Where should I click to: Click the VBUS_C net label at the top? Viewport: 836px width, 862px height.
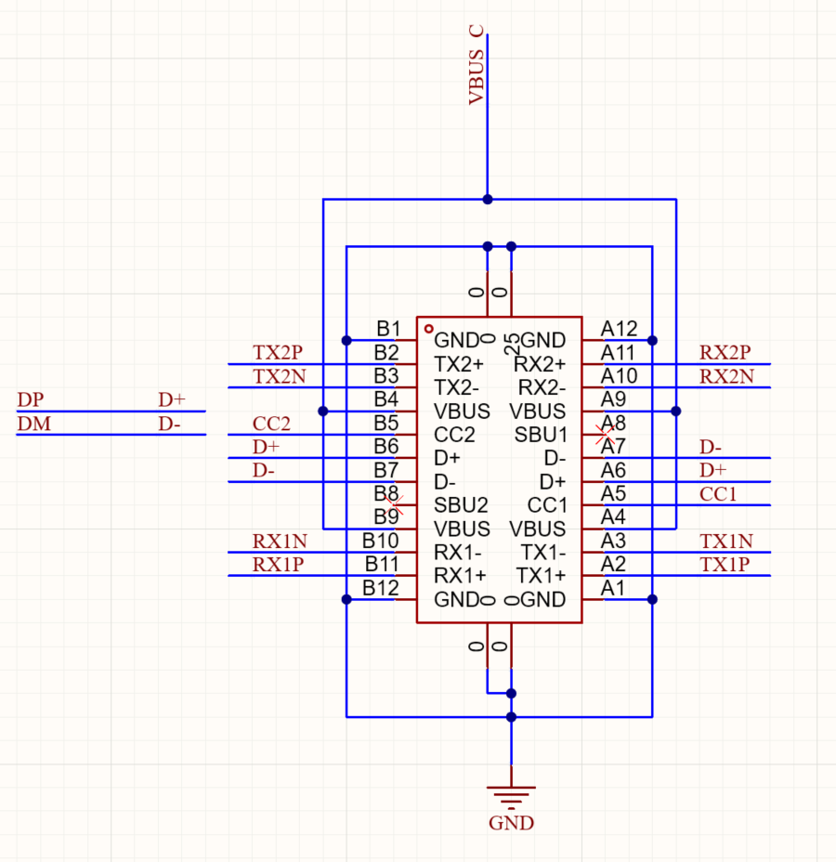(477, 65)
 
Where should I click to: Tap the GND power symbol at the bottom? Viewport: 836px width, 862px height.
(511, 797)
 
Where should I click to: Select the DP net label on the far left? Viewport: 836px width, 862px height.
(31, 399)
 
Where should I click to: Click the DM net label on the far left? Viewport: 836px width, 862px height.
(34, 424)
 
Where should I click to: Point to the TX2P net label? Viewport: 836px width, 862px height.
(278, 352)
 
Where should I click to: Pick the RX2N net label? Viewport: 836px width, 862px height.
(726, 376)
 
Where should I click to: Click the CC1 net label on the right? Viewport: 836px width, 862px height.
(718, 494)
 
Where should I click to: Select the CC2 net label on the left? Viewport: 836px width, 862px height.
(271, 424)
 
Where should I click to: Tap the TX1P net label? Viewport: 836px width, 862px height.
(725, 565)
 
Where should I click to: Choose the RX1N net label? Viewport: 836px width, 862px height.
(280, 542)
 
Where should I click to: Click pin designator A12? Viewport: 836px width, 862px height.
(619, 329)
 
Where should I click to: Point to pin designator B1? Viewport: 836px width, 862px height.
(388, 329)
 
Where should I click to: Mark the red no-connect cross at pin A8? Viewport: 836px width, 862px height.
(605, 435)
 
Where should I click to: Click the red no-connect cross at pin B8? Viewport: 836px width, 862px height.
(394, 504)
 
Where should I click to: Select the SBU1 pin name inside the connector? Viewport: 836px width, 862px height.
(541, 435)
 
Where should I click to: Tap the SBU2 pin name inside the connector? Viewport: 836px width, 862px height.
(461, 504)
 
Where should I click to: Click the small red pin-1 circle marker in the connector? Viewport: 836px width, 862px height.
(429, 329)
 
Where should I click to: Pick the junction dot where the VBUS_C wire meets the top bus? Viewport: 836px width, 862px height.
(488, 200)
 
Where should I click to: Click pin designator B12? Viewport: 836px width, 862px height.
(380, 588)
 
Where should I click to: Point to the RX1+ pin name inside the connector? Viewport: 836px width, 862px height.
(460, 576)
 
